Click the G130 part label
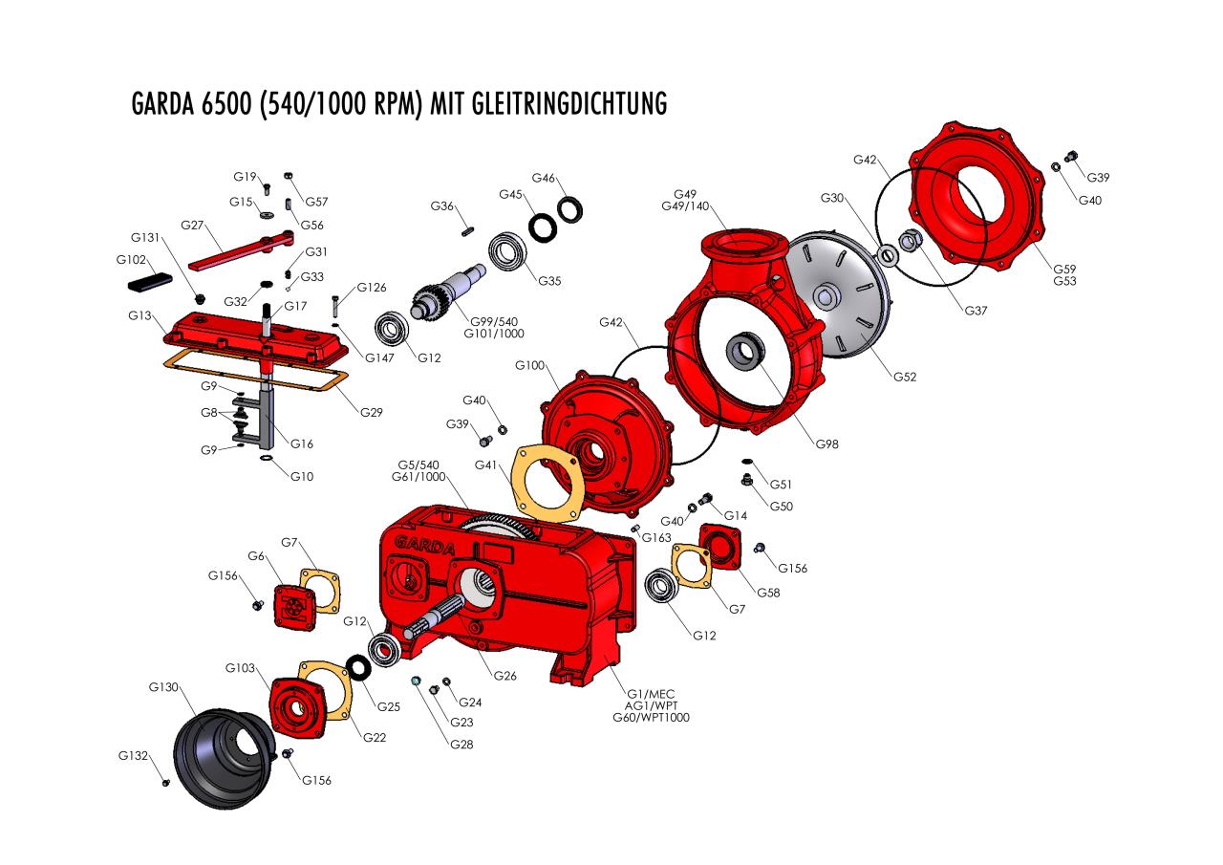click(x=164, y=687)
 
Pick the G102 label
click(x=132, y=260)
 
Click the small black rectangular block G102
click(x=148, y=282)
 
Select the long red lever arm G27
click(x=239, y=250)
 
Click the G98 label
click(x=828, y=443)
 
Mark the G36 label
click(x=441, y=206)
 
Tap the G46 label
click(x=544, y=178)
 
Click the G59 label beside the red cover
click(x=1065, y=269)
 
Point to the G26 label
click(x=505, y=676)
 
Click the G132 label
click(x=133, y=756)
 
